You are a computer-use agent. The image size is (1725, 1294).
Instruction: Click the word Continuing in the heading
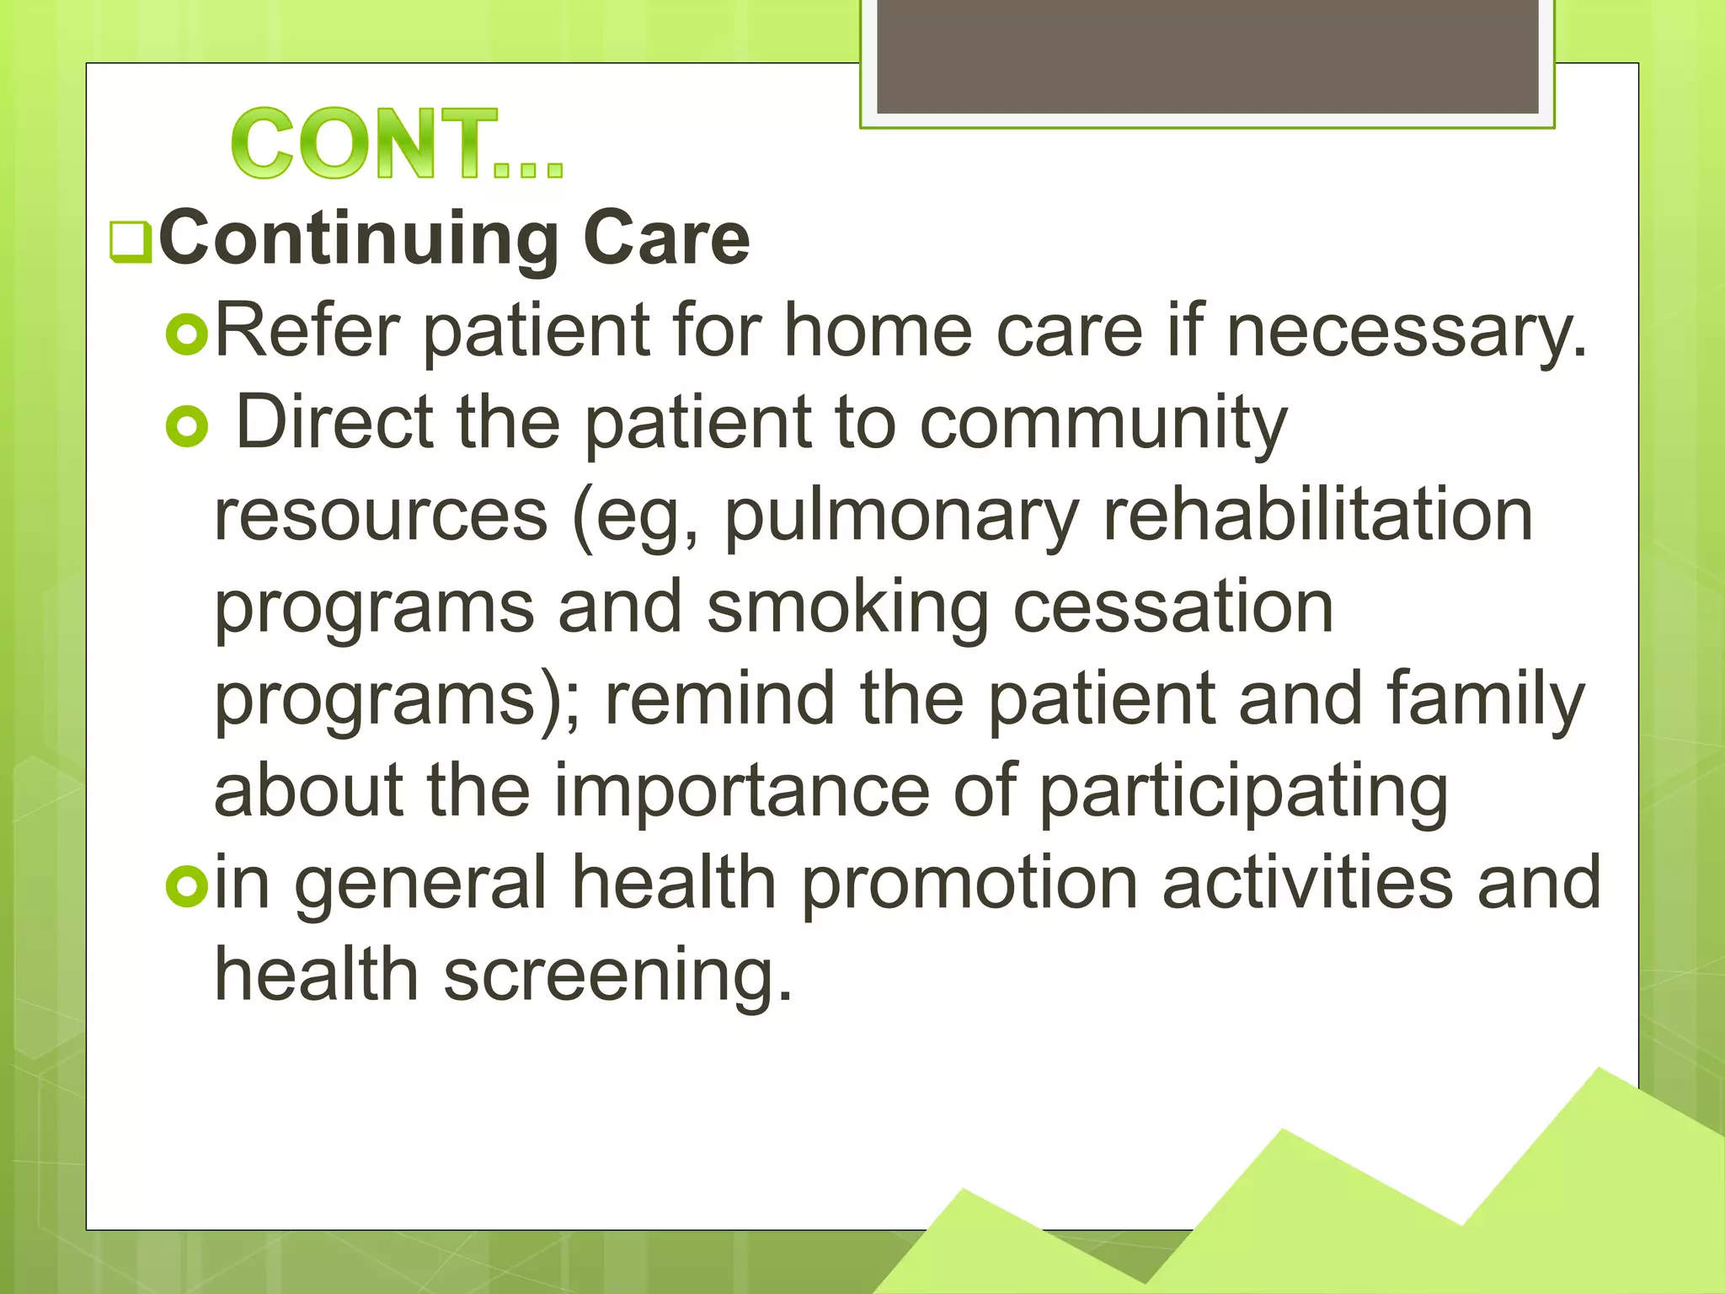pos(358,239)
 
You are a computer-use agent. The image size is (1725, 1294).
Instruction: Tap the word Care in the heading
pos(665,239)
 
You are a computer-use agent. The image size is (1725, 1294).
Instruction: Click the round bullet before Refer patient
pos(186,334)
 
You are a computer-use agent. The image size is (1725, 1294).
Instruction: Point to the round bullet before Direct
pos(186,426)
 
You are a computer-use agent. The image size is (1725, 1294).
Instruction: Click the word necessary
pos(1405,332)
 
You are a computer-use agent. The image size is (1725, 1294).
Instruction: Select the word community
pos(1103,424)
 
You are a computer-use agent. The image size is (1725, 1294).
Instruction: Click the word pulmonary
pos(901,516)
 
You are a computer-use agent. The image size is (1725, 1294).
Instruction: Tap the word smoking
pos(847,608)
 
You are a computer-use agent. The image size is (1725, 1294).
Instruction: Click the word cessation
pos(1172,607)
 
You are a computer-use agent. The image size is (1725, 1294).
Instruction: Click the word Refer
pos(307,331)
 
